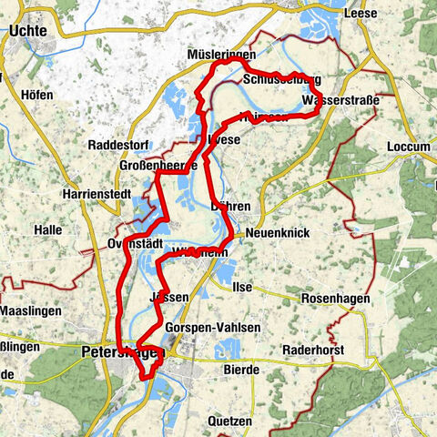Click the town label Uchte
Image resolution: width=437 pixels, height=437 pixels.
[31, 30]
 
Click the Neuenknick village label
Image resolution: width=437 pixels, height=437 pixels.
[277, 234]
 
